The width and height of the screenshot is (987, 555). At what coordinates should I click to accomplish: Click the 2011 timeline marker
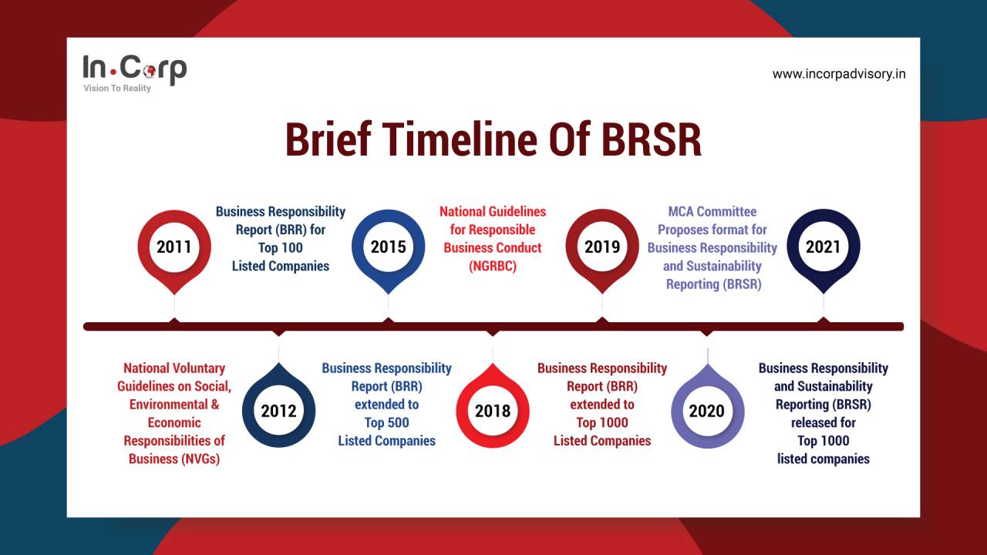pos(173,247)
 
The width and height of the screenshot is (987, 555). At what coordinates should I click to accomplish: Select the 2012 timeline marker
pos(278,411)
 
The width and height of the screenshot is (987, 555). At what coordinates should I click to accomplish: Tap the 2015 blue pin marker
pos(388,247)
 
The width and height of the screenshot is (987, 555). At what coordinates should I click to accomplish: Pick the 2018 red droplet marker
pos(493,411)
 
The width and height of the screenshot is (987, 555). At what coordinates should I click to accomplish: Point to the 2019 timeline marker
pos(602,247)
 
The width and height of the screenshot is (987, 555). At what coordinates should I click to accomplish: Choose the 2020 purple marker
pos(707,411)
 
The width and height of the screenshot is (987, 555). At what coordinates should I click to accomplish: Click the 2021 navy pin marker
pos(823,247)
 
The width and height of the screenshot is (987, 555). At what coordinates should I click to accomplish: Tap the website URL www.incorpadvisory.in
pos(839,74)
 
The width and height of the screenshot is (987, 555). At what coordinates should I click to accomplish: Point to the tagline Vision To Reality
pos(117,89)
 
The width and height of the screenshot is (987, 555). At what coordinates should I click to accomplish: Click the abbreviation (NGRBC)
pos(493,266)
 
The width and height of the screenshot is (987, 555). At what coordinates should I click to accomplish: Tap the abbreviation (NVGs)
pos(173,459)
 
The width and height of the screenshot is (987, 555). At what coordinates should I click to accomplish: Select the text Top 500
pos(386,422)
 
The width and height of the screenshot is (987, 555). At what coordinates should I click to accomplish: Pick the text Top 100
pos(281,247)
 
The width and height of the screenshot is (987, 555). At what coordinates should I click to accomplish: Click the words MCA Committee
pos(712,211)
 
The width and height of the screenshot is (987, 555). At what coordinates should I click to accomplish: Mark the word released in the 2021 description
pos(823,422)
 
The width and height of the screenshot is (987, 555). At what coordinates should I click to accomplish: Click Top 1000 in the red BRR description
pos(602,422)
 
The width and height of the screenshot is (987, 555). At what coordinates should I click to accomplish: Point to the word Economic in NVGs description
pos(173,422)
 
